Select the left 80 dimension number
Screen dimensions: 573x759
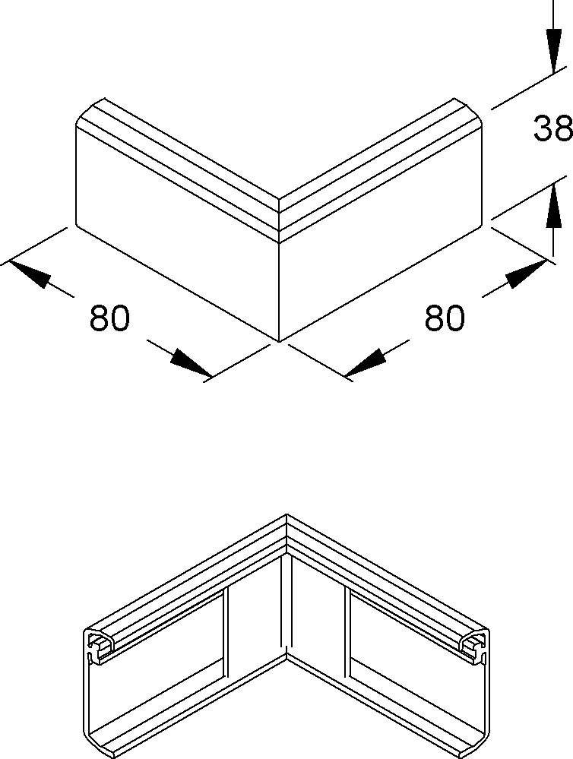click(109, 318)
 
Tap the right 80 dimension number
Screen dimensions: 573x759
click(445, 318)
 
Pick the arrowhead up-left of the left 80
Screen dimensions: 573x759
click(30, 274)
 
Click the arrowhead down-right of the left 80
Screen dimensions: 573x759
click(190, 362)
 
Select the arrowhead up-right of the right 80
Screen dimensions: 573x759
click(527, 274)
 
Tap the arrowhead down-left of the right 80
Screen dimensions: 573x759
click(366, 362)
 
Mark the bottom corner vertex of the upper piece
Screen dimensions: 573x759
click(280, 341)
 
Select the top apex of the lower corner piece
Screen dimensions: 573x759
click(286, 514)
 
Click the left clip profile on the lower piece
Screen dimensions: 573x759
click(101, 647)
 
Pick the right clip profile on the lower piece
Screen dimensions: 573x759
click(473, 647)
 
